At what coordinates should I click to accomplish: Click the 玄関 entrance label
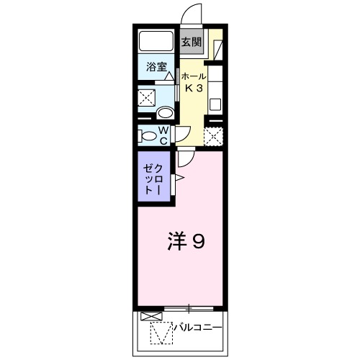coord(191,42)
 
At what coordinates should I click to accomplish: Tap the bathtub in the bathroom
coord(157,42)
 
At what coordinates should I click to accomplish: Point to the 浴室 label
coord(157,68)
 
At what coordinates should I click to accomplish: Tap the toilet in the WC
coord(149,135)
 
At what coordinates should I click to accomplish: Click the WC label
coord(163,135)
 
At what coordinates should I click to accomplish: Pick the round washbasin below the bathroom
coord(164,112)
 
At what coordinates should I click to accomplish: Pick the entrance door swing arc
coord(189,16)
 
